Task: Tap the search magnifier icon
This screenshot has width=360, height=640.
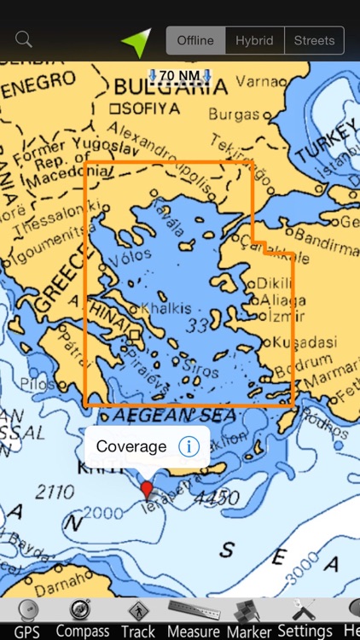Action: click(24, 39)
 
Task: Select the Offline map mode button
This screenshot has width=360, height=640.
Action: click(195, 40)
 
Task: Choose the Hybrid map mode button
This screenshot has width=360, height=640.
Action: click(254, 40)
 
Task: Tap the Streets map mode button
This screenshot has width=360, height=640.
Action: click(314, 40)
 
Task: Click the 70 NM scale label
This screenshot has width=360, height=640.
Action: click(179, 76)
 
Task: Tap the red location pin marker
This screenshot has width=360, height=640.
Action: click(147, 490)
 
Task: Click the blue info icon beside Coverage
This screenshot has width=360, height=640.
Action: click(189, 446)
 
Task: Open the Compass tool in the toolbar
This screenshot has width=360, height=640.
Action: click(83, 620)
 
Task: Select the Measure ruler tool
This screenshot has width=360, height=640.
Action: click(195, 620)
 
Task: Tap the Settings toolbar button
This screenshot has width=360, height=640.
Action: click(305, 620)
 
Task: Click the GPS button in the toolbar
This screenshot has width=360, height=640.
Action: click(26, 620)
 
